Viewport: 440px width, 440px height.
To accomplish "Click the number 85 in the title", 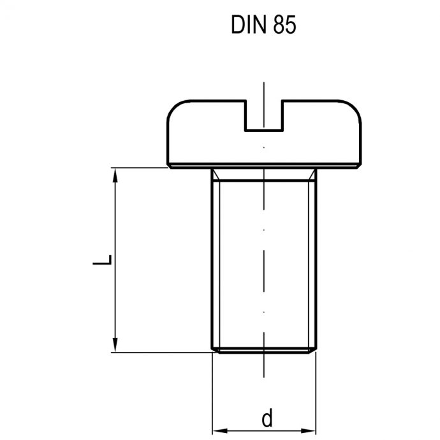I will click(284, 26).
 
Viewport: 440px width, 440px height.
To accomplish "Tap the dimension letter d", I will click(267, 418).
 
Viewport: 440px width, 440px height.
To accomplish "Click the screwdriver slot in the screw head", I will click(263, 117).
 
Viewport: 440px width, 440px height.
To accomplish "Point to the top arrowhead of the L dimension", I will click(115, 174).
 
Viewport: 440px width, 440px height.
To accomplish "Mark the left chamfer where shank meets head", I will click(214, 174).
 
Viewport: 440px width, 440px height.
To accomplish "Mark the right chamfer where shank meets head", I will click(312, 174).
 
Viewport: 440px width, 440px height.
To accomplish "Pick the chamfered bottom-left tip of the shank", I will click(213, 349).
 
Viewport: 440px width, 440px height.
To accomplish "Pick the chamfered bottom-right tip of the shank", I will click(314, 349).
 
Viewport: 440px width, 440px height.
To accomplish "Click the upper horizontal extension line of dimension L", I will click(140, 168).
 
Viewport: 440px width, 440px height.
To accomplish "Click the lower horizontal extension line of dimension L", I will click(159, 351).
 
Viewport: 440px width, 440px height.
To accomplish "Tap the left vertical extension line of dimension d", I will click(211, 395).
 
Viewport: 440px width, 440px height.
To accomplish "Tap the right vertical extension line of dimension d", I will click(316, 395).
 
